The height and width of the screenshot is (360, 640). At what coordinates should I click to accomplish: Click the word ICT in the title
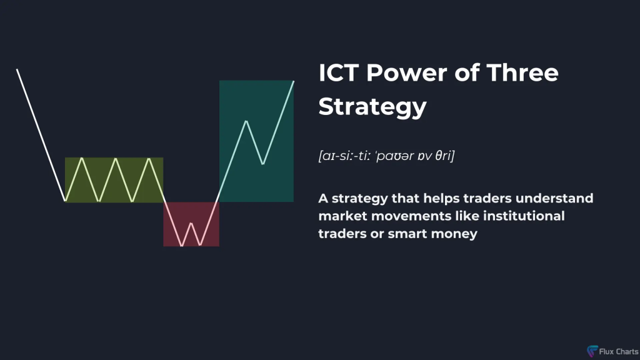click(338, 73)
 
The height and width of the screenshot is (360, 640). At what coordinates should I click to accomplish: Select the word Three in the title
click(522, 73)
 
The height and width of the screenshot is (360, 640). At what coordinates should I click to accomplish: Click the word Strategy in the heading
click(372, 107)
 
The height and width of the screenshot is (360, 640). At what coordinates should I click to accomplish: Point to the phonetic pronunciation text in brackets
click(386, 156)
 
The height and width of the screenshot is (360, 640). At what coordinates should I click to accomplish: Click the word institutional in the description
click(524, 216)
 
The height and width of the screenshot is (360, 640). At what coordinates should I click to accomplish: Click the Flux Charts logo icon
click(592, 351)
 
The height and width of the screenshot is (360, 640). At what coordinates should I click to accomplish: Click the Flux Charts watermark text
click(619, 351)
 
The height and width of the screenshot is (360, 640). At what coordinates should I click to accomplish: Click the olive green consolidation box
click(114, 179)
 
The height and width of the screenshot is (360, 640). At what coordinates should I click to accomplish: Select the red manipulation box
click(191, 224)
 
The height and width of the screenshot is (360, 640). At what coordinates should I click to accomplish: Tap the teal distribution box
click(256, 141)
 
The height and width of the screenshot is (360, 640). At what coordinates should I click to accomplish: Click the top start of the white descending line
click(17, 69)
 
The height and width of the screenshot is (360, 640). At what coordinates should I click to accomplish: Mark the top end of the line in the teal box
click(294, 82)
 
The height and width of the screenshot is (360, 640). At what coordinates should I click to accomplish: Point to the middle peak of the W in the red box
click(191, 223)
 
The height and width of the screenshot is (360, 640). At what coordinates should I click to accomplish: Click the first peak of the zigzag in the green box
click(82, 158)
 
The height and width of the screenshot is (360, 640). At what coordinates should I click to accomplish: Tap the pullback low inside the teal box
click(263, 164)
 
